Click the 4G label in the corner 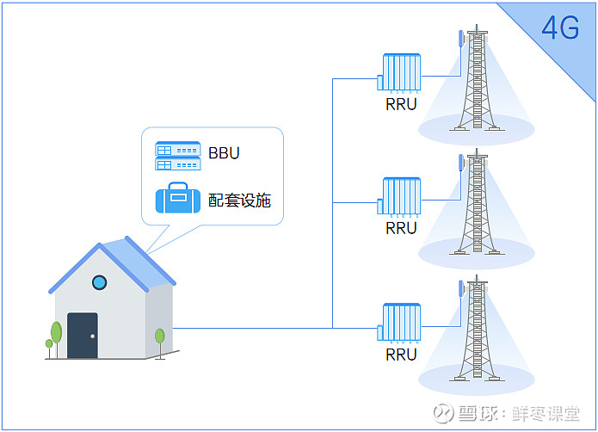point(560,28)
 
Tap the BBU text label point(224,153)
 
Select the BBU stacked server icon point(178,156)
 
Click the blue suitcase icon point(178,198)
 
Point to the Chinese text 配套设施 point(239,201)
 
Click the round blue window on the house point(100,282)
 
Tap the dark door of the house point(83,336)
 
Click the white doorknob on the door point(92,336)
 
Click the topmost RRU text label point(401,104)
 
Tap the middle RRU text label point(401,228)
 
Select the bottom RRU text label point(401,355)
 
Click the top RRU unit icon point(399,73)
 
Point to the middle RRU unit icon point(399,197)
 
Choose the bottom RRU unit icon point(399,323)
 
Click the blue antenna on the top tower point(460,38)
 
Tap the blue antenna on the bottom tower point(460,288)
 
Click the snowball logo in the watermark point(443,413)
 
